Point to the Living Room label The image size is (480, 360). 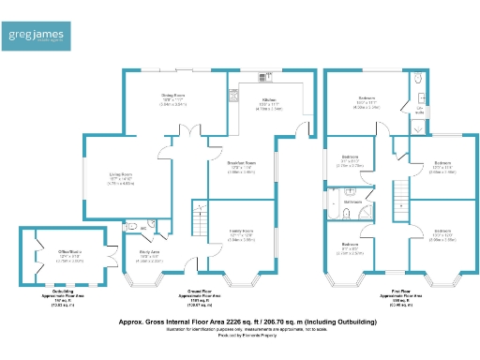point(117,176)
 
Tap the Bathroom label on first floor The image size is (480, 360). point(353,201)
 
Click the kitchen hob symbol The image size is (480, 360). point(232,94)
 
